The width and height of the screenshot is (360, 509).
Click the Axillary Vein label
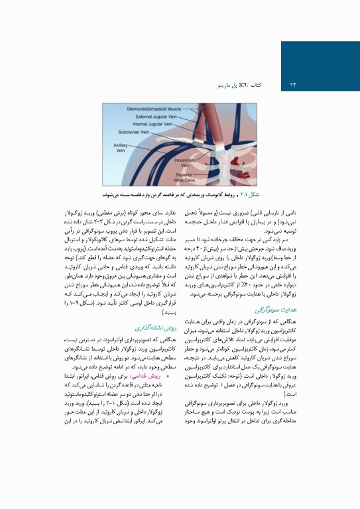(120, 147)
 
